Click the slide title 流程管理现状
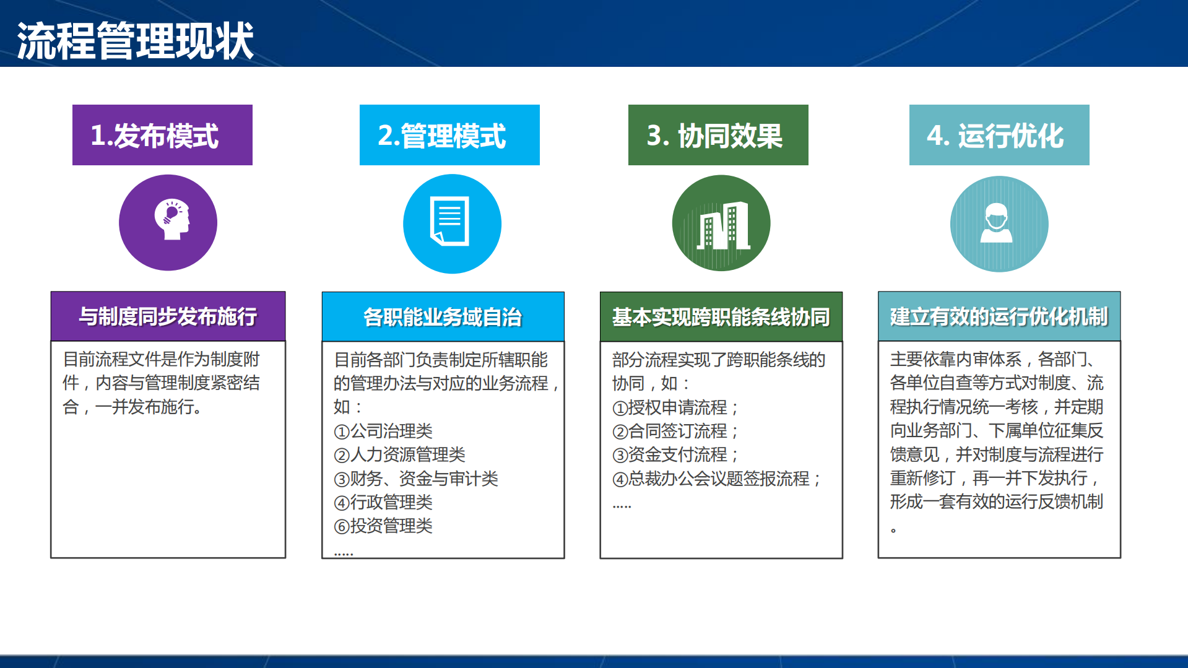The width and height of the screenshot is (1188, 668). coord(135,41)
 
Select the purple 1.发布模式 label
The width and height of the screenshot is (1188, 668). coord(162,135)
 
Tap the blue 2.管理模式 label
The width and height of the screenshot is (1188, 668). coord(449,135)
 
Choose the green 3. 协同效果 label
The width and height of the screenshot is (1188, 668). coord(718,135)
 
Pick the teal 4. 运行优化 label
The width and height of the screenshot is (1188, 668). coord(999,135)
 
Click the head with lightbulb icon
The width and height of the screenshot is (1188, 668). coord(171,219)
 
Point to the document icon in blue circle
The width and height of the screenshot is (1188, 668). coord(451,222)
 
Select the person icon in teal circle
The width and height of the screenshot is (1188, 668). coord(997,223)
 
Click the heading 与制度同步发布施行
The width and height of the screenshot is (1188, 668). coord(168,316)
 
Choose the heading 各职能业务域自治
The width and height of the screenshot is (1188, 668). coord(443,317)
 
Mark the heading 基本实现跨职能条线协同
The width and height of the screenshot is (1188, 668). coord(721,317)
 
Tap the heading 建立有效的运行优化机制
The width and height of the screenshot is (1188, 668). coord(999,316)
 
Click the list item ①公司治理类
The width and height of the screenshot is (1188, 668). coord(383,431)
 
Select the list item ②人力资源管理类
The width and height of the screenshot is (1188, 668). coord(399,454)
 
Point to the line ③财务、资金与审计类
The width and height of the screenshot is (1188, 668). coord(416,479)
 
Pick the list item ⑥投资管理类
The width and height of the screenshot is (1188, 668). coord(383,526)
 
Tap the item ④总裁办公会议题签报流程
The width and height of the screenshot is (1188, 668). coord(716,479)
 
